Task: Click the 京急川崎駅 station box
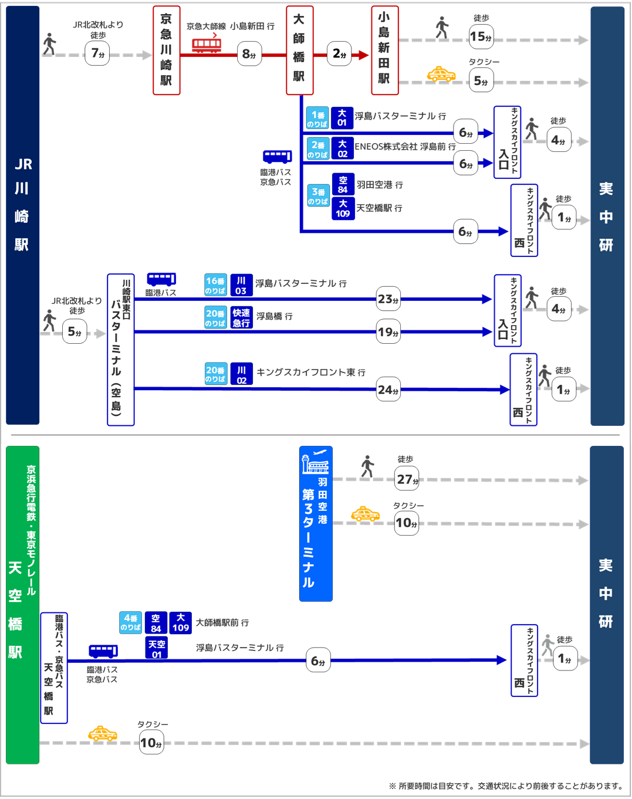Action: pos(166,50)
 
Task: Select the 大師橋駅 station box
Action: pos(299,50)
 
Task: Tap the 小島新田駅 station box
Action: pos(384,50)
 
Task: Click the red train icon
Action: pos(207,45)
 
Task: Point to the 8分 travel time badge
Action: pos(249,55)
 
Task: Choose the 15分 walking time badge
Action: pos(481,37)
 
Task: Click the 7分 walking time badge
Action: pos(97,54)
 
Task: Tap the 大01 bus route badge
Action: pos(342,118)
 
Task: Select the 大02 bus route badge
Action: pos(342,148)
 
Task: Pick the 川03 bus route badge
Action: pos(241,285)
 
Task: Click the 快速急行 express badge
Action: pos(241,317)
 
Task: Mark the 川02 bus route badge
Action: pos(241,374)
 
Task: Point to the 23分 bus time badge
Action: pos(388,299)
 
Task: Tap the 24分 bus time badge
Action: pos(388,390)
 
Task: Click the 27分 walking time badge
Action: pos(407,480)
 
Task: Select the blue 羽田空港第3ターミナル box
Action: pos(316,524)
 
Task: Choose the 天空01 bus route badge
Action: pos(157,648)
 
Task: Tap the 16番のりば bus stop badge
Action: pos(215,285)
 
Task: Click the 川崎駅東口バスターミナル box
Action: pos(121,350)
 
